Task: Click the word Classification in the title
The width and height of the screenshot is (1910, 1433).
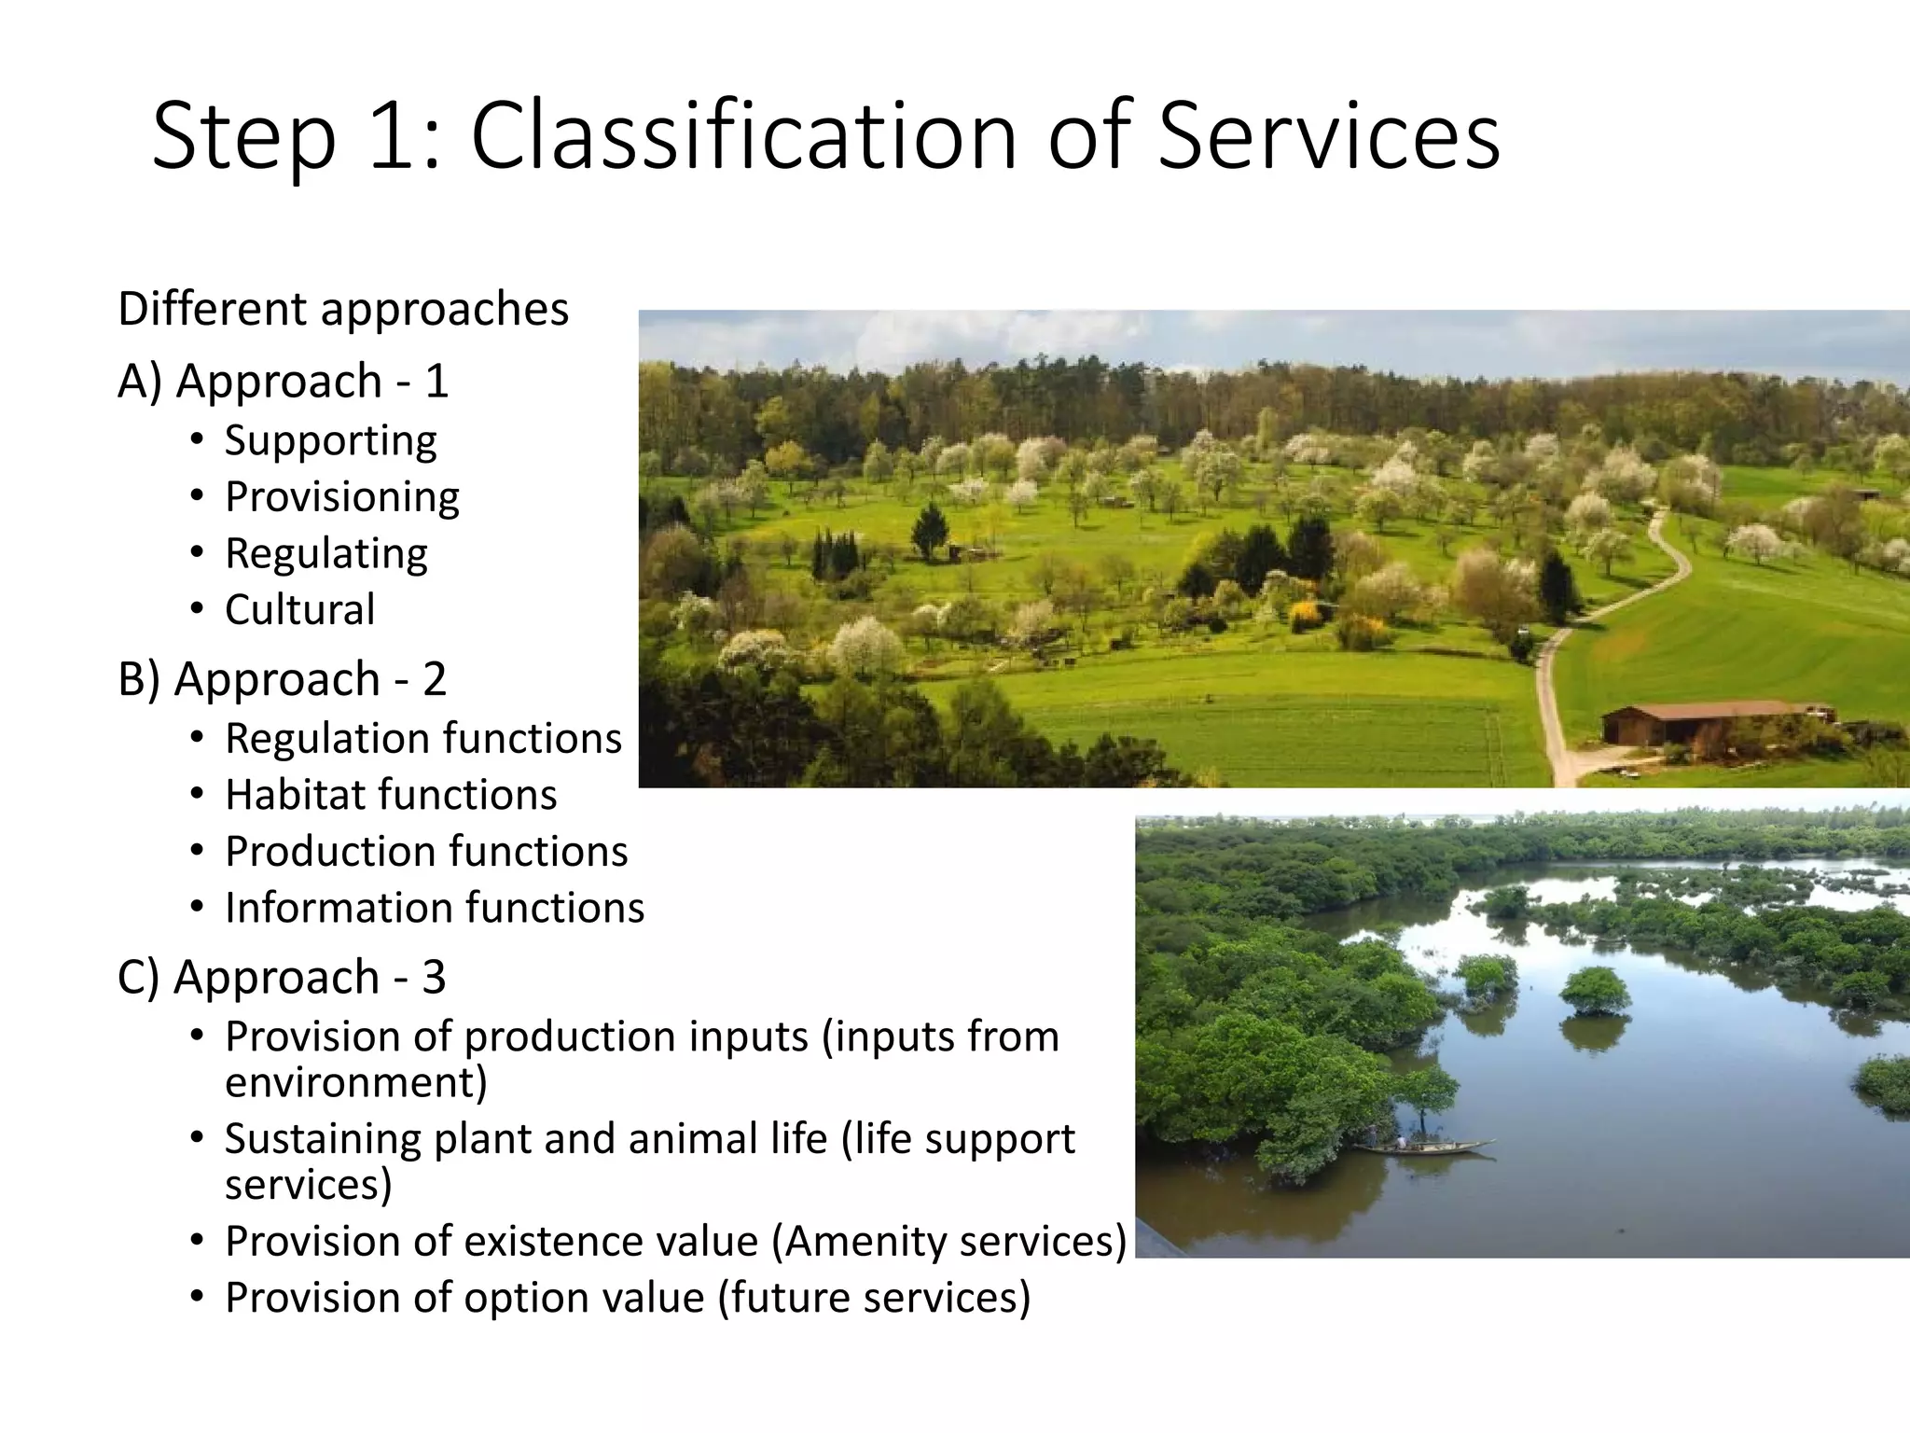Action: point(742,137)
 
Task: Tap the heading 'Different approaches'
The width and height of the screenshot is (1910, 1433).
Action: point(342,309)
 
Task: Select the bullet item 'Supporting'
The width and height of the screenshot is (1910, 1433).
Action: point(330,440)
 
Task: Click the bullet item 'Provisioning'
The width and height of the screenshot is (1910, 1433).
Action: point(341,496)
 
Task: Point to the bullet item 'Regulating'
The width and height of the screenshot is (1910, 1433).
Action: point(325,553)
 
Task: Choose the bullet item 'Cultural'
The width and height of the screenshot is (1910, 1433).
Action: point(299,610)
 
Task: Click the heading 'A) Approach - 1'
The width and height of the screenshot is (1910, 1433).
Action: point(283,381)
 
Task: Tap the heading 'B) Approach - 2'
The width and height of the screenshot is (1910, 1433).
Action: point(282,678)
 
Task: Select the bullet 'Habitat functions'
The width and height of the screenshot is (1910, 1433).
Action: point(390,795)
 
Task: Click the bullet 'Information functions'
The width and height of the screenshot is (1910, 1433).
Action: point(434,908)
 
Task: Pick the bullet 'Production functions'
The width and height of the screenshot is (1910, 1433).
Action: point(425,852)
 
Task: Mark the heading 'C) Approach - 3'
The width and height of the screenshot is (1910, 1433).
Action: point(282,977)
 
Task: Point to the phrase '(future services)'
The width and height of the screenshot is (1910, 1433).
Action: point(874,1298)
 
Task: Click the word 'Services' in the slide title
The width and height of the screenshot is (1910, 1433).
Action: point(1328,137)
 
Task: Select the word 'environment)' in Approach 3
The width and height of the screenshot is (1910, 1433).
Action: point(355,1083)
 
